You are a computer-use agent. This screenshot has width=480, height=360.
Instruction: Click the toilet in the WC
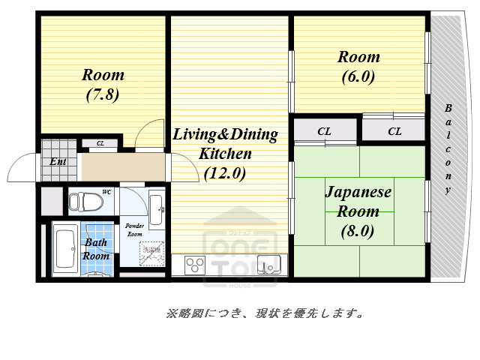(x=87, y=202)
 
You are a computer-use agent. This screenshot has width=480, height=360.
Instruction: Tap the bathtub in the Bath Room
(x=64, y=250)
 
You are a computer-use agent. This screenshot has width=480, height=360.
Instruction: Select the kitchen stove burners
(x=195, y=265)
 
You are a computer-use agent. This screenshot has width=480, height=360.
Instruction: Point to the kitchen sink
(x=268, y=265)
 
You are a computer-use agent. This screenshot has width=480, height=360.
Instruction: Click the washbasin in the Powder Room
(x=155, y=209)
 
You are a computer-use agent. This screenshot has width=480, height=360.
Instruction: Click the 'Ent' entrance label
(x=57, y=161)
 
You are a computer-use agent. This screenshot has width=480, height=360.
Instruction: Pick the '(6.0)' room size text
(x=358, y=76)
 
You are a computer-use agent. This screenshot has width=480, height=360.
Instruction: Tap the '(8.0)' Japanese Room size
(x=357, y=231)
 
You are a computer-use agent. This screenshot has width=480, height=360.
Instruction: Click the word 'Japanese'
(x=358, y=192)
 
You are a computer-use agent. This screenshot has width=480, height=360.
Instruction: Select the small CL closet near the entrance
(x=100, y=143)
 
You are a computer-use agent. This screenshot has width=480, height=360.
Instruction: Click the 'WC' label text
(x=106, y=193)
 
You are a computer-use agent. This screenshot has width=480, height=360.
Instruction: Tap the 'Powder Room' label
(x=134, y=229)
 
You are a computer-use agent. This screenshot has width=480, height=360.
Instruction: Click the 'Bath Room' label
(x=96, y=249)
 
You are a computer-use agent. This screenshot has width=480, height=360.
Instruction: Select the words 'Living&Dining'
(x=225, y=135)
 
